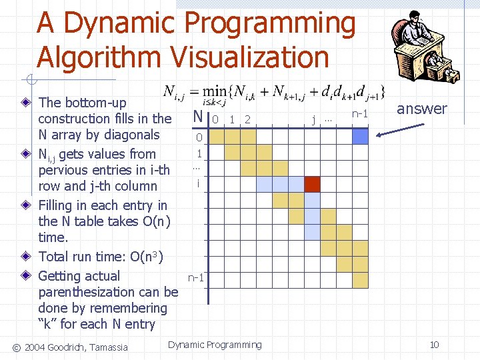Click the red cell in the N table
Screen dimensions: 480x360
click(312, 183)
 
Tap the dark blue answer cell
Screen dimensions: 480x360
click(360, 136)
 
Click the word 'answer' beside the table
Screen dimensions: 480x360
click(422, 109)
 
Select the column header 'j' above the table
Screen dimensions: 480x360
click(314, 120)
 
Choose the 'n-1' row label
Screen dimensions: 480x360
click(196, 277)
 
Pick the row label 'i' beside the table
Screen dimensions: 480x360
click(198, 182)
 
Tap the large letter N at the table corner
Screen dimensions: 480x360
click(197, 117)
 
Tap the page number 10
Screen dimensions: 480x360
click(434, 345)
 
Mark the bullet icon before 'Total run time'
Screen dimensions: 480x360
click(25, 257)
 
